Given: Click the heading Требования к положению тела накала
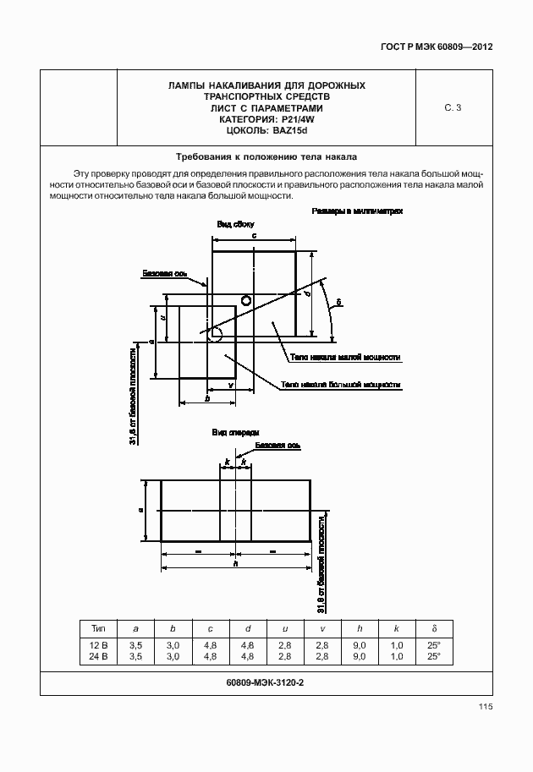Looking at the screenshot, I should (x=266, y=157).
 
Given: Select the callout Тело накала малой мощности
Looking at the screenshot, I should (x=345, y=358).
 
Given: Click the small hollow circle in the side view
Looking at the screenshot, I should (x=245, y=300).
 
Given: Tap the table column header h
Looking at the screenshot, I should (x=360, y=628).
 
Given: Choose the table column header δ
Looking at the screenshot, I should (x=434, y=628).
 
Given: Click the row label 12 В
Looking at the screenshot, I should (x=96, y=644).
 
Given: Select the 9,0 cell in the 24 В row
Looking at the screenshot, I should (x=360, y=655).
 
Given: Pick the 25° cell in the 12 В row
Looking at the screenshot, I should (x=434, y=644).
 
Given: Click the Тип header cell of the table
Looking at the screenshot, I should (x=96, y=628).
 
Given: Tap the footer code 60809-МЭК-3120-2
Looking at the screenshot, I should (x=266, y=683).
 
